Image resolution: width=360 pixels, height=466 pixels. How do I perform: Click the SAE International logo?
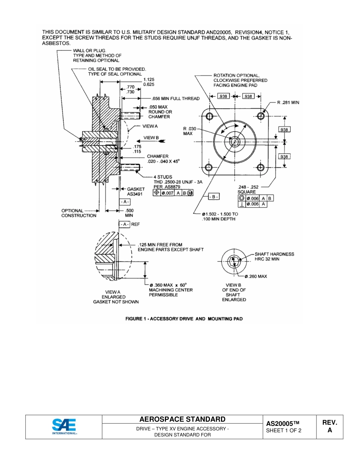(x=64, y=427)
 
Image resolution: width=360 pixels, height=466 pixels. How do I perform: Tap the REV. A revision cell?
(x=329, y=426)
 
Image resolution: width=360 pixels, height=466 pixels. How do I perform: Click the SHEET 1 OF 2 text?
(x=284, y=430)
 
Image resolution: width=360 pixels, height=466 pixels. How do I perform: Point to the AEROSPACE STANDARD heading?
(x=182, y=419)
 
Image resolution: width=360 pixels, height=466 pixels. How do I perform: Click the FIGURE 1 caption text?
(x=184, y=319)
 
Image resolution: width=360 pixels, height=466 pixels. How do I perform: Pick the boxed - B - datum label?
(x=214, y=197)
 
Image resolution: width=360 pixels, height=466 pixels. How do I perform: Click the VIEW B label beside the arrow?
(x=152, y=138)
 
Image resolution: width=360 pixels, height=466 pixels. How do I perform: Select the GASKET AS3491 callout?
(x=135, y=191)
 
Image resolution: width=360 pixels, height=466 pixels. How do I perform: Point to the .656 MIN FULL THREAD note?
(x=175, y=99)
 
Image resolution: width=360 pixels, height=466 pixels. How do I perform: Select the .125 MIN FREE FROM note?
(x=170, y=247)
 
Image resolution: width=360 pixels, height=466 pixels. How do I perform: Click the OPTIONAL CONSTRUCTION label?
(x=79, y=213)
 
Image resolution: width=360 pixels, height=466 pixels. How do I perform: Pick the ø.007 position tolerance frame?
(x=173, y=193)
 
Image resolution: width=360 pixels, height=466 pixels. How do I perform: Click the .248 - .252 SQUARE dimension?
(x=248, y=189)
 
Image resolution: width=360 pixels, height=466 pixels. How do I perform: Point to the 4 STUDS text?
(x=163, y=177)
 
